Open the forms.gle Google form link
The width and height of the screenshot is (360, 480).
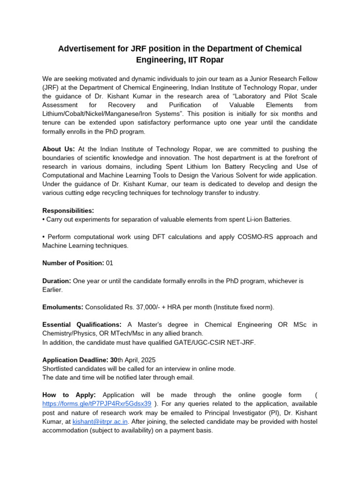[97, 403]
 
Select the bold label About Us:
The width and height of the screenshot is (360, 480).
[59, 149]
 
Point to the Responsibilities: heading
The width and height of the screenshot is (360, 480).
[68, 210]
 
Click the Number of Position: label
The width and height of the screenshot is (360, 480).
[73, 263]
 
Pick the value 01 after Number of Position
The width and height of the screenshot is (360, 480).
[109, 263]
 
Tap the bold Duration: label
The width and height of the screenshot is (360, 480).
[57, 281]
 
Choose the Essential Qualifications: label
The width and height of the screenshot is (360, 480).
[82, 325]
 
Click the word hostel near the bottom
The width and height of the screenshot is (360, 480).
[305, 421]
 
